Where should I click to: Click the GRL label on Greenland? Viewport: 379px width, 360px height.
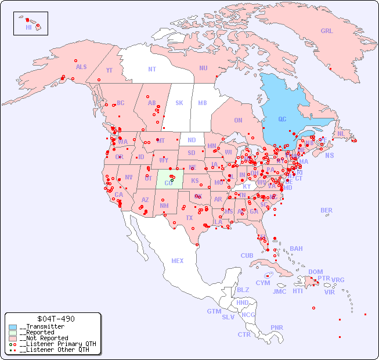(x=327, y=31)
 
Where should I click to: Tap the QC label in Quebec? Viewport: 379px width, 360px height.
(x=282, y=120)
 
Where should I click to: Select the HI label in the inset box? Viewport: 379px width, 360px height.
(x=28, y=27)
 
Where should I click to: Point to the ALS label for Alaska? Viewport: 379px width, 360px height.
(x=81, y=67)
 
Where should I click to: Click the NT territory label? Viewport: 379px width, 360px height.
(x=152, y=69)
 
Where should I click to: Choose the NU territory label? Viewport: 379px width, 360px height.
(x=203, y=68)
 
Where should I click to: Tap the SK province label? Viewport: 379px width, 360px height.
(x=179, y=103)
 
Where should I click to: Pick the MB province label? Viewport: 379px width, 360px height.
(x=203, y=103)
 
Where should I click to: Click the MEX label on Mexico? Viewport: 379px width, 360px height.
(x=178, y=261)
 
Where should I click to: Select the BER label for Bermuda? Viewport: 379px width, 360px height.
(x=327, y=210)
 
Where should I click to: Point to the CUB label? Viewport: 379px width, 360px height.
(x=247, y=255)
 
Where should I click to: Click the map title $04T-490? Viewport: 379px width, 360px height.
(x=55, y=319)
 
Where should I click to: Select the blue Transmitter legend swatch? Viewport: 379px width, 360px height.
(x=13, y=327)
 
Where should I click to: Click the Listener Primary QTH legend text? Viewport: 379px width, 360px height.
(x=57, y=344)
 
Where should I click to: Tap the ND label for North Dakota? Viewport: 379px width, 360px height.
(x=192, y=140)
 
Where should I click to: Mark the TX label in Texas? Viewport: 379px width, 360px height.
(x=189, y=218)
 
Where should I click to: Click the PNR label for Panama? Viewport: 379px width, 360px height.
(x=277, y=327)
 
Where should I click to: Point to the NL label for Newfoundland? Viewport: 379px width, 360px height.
(x=341, y=134)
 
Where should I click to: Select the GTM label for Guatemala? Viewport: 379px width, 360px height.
(x=214, y=311)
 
